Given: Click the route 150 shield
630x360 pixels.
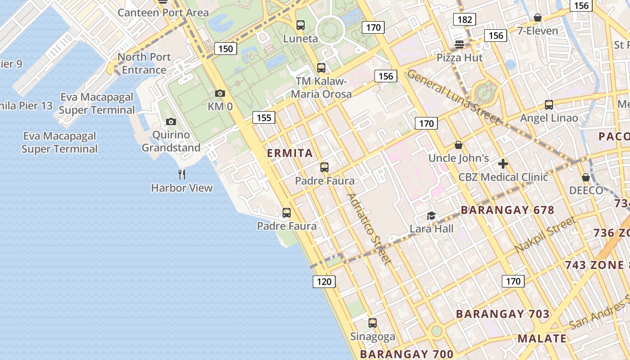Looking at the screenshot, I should click(225, 49).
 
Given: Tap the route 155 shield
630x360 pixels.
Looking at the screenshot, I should click(264, 117).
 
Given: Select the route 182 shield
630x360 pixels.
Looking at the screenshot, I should click(464, 19).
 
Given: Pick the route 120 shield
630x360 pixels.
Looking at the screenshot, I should click(324, 282).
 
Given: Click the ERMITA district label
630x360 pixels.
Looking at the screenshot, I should click(290, 153).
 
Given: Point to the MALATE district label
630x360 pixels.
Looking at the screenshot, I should click(541, 338).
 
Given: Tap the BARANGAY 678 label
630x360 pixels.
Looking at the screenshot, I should click(507, 210).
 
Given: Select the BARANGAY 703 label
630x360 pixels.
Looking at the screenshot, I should click(503, 314).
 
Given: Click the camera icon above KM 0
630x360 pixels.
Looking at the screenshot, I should click(220, 93).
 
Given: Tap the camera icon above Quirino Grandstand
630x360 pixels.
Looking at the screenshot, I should click(171, 121).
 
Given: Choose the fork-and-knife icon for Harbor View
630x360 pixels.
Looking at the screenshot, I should click(182, 174).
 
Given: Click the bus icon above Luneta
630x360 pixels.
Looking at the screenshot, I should click(301, 25).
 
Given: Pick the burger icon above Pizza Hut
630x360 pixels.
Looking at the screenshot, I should click(459, 44).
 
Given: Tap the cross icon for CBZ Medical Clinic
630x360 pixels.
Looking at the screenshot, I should click(503, 164).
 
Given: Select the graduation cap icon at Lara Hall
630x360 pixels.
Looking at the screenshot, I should click(431, 216).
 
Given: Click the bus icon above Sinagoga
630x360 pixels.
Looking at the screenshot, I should click(373, 323).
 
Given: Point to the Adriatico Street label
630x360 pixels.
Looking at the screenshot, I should click(369, 229).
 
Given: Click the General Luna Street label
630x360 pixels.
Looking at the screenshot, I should click(453, 97).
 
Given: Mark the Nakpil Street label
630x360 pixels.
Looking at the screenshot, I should click(545, 234).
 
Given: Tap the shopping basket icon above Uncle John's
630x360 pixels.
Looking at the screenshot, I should click(459, 145).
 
